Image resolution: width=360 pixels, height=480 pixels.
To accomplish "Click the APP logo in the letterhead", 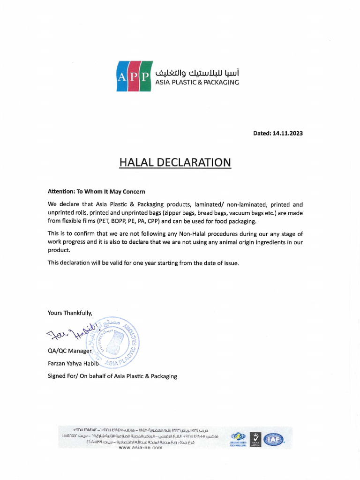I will click(x=134, y=76).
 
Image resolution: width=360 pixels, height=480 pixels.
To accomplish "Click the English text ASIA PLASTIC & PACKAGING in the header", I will click(x=197, y=82).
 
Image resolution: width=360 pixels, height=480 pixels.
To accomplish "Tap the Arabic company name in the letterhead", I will click(x=197, y=73).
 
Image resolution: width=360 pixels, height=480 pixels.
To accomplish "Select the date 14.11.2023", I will click(x=287, y=133).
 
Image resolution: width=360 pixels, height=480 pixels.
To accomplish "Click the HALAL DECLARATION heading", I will click(x=175, y=163).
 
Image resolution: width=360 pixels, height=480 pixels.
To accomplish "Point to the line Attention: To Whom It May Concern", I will click(x=97, y=191).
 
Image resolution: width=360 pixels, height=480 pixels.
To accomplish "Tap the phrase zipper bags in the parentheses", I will click(x=179, y=213).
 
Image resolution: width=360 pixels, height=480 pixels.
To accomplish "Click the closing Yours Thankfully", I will click(x=70, y=313).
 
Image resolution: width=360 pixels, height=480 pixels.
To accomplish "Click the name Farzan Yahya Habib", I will click(x=72, y=363).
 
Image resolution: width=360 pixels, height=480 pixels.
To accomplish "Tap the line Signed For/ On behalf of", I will click(x=112, y=376).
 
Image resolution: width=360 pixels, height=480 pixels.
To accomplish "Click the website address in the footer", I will click(x=140, y=448).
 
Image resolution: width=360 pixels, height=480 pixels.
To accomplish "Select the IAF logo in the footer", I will click(x=273, y=439).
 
